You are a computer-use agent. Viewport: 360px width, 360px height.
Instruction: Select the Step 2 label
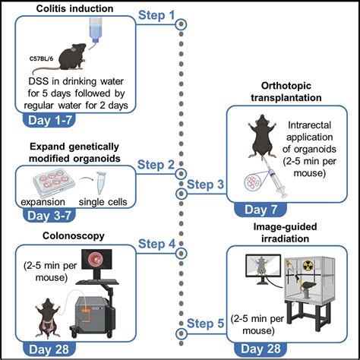pos(156,164)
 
